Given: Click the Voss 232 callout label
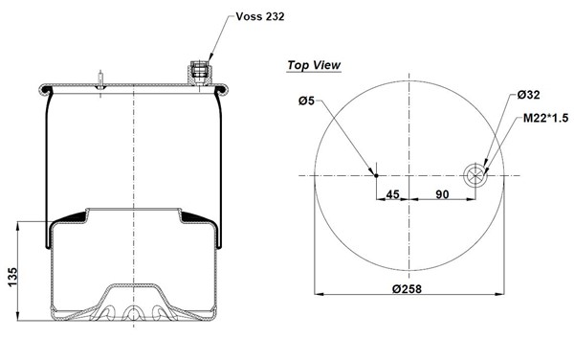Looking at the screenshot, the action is coord(260,16).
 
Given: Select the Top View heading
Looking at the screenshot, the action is coord(314,65).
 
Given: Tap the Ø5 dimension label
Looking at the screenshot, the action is coord(306,101).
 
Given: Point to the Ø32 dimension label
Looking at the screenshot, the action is coord(529,95).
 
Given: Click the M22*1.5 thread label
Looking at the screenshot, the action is coord(546,118).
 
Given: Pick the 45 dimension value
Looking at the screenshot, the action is coord(393,194).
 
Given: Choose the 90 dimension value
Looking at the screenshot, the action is coord(442,194).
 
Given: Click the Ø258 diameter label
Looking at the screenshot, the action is coord(407,289).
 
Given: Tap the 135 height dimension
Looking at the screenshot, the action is coord(12,278).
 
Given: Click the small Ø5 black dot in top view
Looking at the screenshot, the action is coord(376,175).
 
